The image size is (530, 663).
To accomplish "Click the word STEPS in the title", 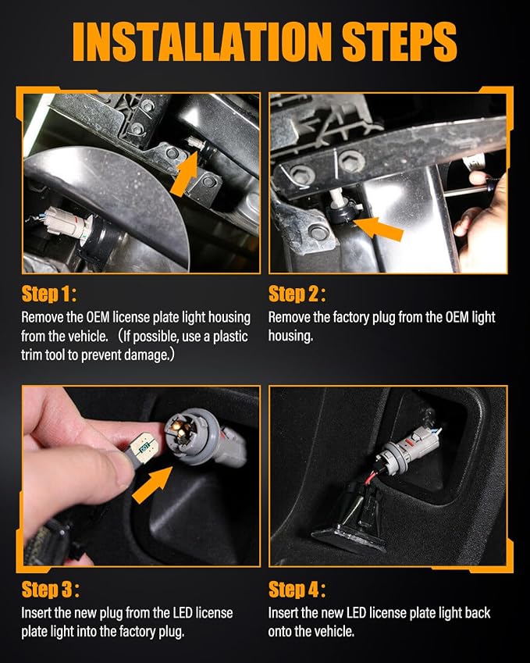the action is coord(400,42).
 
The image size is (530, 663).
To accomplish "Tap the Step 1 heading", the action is coord(49,294).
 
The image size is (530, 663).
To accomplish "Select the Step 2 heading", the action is coord(297,294).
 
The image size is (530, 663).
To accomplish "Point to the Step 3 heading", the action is coord(50,590).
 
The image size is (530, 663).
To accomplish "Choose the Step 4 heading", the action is coord(297,590).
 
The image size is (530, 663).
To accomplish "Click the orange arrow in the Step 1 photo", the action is coord(185,173).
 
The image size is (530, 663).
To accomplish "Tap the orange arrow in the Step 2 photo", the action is coord(379,228).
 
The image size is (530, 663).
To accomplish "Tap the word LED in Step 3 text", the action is coord(183,613).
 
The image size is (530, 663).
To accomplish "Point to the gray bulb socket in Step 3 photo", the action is coord(192,436).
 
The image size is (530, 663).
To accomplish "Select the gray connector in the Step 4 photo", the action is coord(408,451).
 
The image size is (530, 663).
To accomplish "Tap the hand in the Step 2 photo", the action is coord(482,220).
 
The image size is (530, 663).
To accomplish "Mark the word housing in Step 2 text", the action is coord(290,337).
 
